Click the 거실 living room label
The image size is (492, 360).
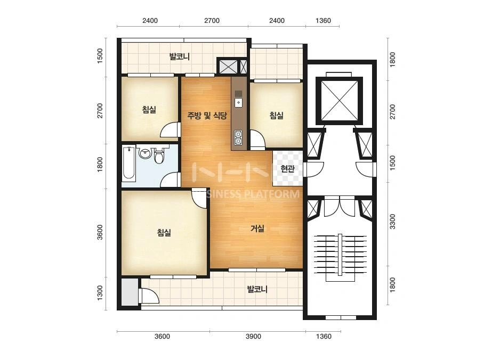[257, 228]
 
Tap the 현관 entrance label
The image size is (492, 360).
[287, 169]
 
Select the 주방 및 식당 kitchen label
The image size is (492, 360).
[207, 116]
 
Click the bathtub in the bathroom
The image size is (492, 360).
[129, 163]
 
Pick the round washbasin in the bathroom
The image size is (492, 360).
[145, 153]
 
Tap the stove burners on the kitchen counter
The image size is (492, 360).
[238, 137]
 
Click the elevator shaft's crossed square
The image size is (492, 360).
[340, 100]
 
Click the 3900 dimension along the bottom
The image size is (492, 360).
[253, 337]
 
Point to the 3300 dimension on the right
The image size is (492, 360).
[392, 222]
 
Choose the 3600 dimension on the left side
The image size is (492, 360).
[100, 232]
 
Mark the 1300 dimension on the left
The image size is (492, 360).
[100, 292]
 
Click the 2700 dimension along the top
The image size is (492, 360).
[212, 21]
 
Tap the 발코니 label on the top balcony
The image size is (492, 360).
[180, 57]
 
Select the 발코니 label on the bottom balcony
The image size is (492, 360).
[257, 289]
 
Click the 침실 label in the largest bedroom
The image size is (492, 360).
[164, 232]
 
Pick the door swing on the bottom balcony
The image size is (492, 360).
[149, 296]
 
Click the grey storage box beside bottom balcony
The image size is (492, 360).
[130, 292]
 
